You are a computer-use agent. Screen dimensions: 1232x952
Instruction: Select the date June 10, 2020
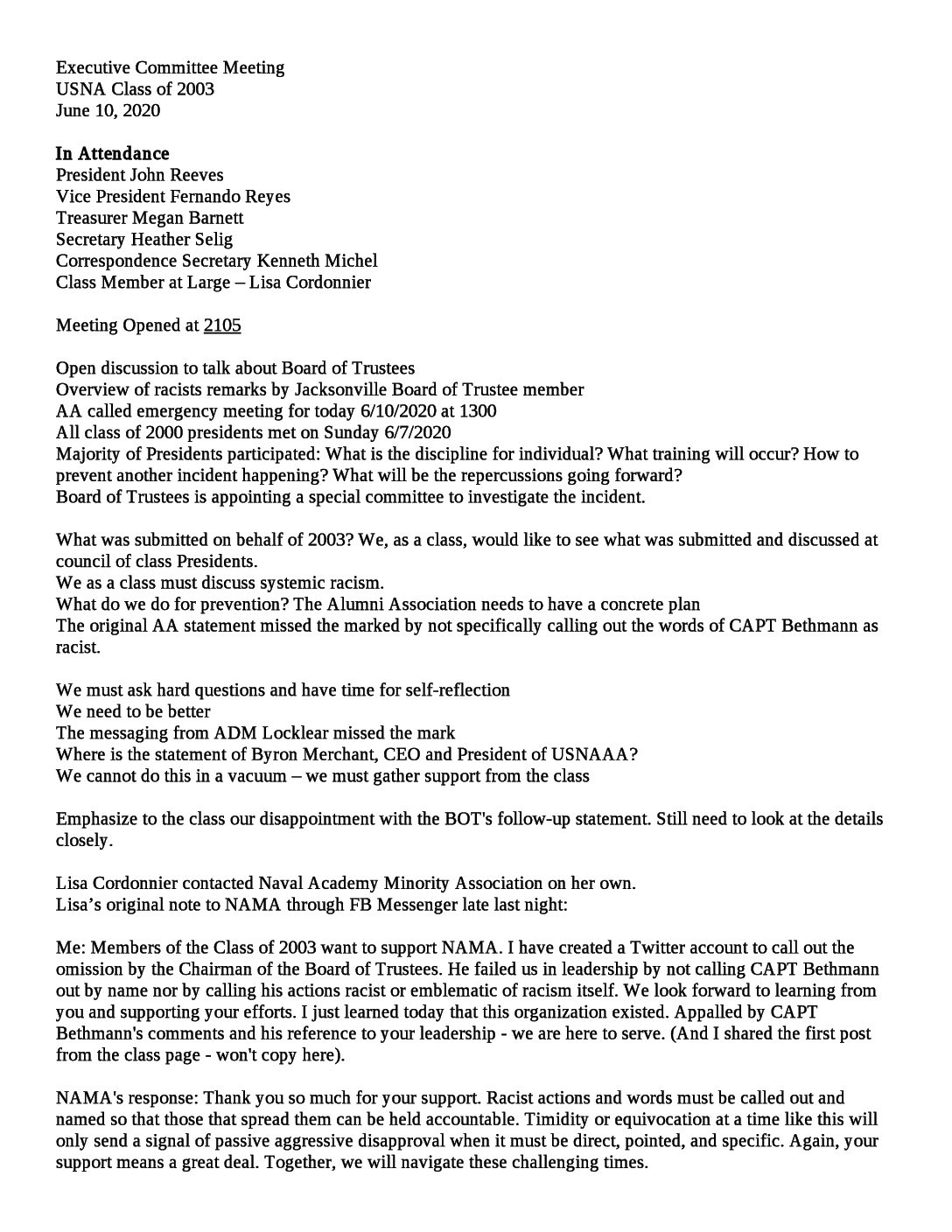tap(108, 111)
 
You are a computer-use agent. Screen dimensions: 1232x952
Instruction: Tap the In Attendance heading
tap(112, 154)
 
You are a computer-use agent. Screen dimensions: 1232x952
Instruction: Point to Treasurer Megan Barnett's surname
tap(213, 218)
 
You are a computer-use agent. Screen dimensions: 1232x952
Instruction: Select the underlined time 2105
tap(222, 325)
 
